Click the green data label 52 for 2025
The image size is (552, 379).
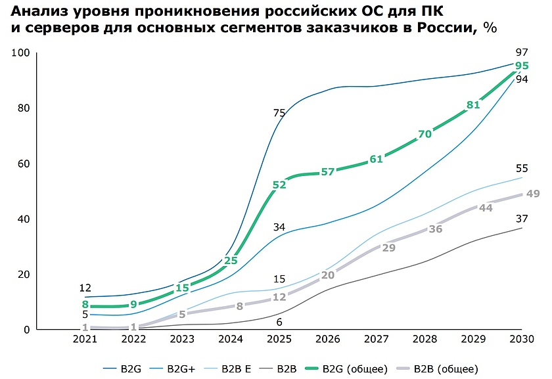pyautogui.click(x=279, y=185)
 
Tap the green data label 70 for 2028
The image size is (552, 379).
pyautogui.click(x=425, y=134)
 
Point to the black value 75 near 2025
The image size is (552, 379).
pyautogui.click(x=279, y=114)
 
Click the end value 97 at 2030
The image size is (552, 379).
pyautogui.click(x=522, y=53)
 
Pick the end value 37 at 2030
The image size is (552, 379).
pyautogui.click(x=522, y=219)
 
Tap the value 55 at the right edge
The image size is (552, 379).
pyautogui.click(x=522, y=168)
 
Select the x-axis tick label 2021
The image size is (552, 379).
pyautogui.click(x=85, y=339)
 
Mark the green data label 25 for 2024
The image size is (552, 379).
pyautogui.click(x=230, y=261)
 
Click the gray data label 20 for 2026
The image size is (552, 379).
pyautogui.click(x=328, y=275)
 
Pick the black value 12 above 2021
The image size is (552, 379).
pyautogui.click(x=85, y=288)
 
